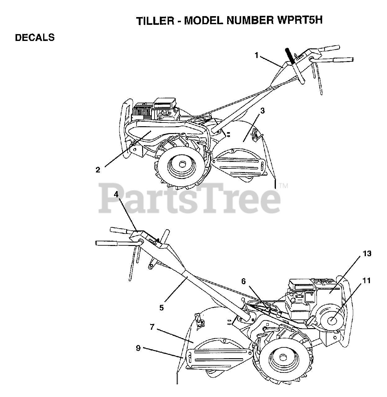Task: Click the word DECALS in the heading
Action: pos(35,38)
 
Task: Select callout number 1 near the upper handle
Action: pos(256,55)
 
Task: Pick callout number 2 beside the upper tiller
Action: pos(98,170)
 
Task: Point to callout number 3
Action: pos(263,111)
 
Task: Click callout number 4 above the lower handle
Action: pos(116,194)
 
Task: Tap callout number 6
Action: pos(244,281)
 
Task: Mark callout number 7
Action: pos(152,327)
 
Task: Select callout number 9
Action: pos(138,348)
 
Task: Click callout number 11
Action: pos(367,281)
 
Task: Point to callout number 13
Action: pos(367,253)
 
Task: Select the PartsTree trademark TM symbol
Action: pos(283,186)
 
